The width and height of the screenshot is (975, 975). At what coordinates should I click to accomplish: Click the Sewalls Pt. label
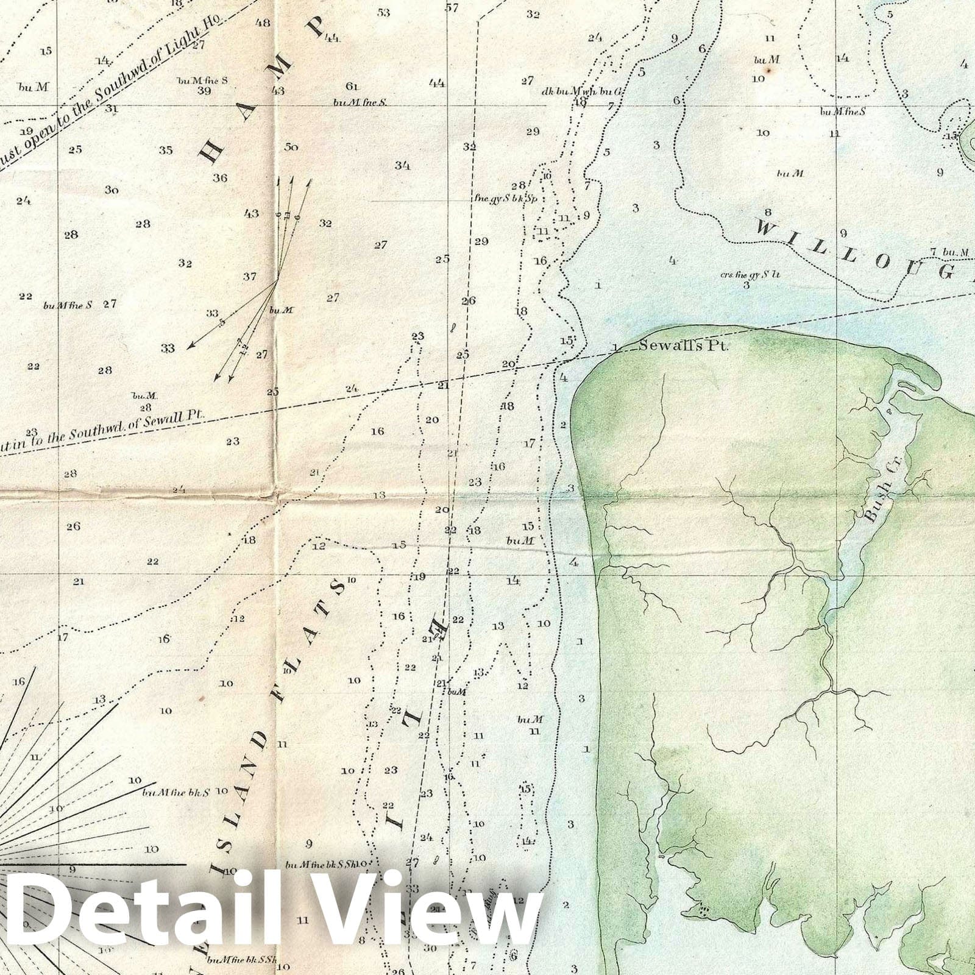pyautogui.click(x=683, y=346)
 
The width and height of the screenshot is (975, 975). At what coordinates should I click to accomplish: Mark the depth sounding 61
pyautogui.click(x=352, y=86)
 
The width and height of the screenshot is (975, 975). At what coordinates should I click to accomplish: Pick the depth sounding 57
pyautogui.click(x=452, y=8)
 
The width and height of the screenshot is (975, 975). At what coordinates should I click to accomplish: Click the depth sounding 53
pyautogui.click(x=383, y=12)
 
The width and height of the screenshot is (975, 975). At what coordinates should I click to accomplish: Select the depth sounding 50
pyautogui.click(x=291, y=147)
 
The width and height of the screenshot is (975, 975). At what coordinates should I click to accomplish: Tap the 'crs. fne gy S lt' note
pyautogui.click(x=750, y=274)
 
